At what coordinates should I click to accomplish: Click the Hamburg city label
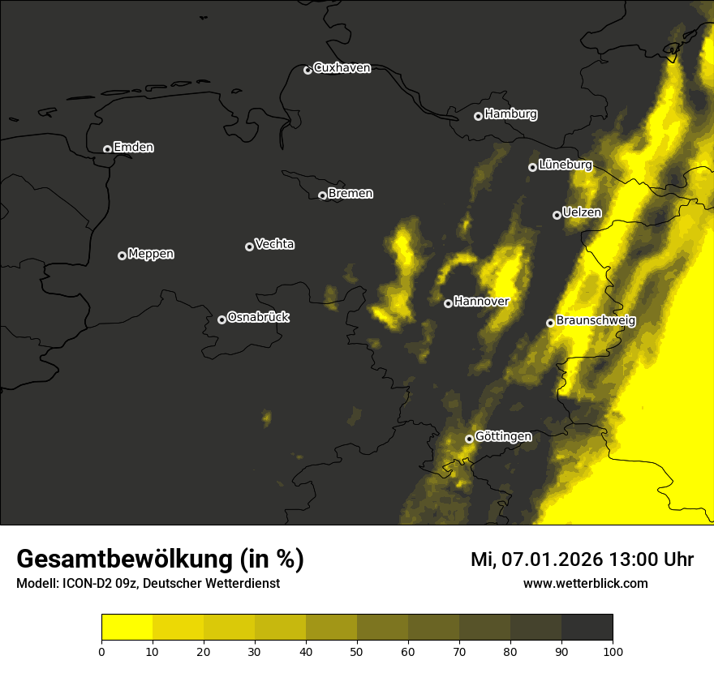[x=510, y=114]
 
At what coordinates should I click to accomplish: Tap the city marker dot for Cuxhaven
[x=308, y=70]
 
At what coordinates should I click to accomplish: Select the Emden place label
[x=133, y=148]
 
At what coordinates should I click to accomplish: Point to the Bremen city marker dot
[x=322, y=195]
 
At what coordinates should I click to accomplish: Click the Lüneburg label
[x=565, y=165]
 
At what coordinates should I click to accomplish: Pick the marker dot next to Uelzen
[x=557, y=215]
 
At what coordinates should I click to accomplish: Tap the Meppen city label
[x=151, y=255]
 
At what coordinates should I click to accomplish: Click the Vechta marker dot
[x=249, y=246]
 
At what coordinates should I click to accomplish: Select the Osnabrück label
[x=258, y=317]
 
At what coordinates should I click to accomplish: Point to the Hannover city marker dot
[x=448, y=303]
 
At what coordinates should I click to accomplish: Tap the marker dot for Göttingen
[x=469, y=439]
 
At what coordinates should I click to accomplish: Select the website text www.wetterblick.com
[x=585, y=583]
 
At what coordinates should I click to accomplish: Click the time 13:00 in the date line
[x=615, y=559]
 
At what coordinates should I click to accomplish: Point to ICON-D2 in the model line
[x=85, y=584]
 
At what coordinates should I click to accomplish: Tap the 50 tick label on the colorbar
[x=357, y=651]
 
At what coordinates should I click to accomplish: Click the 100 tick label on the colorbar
[x=613, y=651]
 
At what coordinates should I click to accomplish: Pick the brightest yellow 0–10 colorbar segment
[x=127, y=628]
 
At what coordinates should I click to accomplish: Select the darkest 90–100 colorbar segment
[x=587, y=628]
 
